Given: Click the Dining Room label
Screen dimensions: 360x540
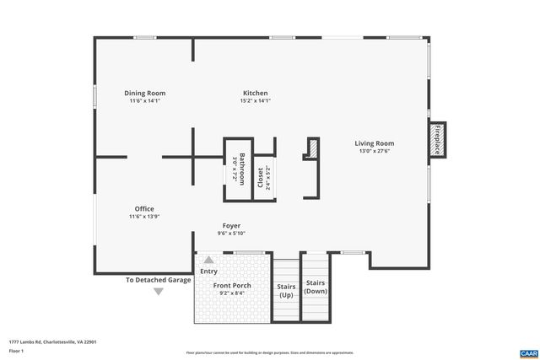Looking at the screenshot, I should pyautogui.click(x=144, y=93).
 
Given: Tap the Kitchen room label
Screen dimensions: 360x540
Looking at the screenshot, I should pyautogui.click(x=255, y=93).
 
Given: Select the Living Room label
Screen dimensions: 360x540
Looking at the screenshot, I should pyautogui.click(x=374, y=143).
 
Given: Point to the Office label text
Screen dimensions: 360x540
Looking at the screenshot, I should pyautogui.click(x=144, y=209).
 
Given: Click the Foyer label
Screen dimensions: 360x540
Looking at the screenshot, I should pyautogui.click(x=231, y=226).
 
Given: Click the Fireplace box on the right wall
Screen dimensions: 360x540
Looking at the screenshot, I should pyautogui.click(x=438, y=140).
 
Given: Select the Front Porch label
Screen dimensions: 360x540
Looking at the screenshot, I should pyautogui.click(x=231, y=286).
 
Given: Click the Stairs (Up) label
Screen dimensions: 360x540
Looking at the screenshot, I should pyautogui.click(x=286, y=291).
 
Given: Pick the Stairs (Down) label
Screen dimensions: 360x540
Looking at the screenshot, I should pyautogui.click(x=316, y=287).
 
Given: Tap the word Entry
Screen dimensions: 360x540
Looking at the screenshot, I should pyautogui.click(x=208, y=271).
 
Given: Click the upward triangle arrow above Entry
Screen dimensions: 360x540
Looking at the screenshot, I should pyautogui.click(x=208, y=260).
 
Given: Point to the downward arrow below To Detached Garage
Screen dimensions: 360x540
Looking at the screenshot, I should pyautogui.click(x=158, y=292).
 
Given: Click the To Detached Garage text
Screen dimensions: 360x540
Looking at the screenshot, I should pyautogui.click(x=158, y=280).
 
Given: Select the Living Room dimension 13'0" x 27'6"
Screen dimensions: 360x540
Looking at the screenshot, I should pyautogui.click(x=374, y=152).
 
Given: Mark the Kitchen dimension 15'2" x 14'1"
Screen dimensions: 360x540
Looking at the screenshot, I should pyautogui.click(x=255, y=101).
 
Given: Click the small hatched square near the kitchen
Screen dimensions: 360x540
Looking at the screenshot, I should pyautogui.click(x=311, y=148).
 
